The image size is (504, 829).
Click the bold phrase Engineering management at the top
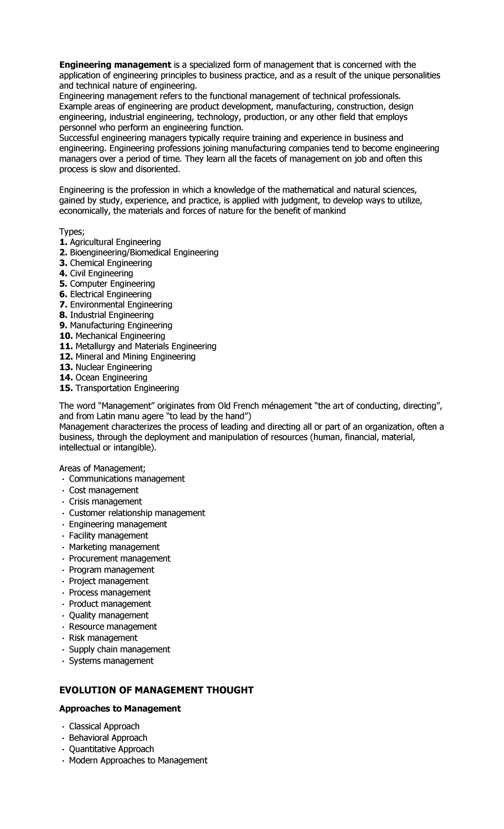115,65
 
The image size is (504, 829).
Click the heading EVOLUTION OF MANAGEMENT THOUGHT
156,690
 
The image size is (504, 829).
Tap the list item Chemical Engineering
110,263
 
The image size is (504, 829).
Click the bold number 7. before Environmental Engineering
63,305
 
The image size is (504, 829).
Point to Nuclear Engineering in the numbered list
113,367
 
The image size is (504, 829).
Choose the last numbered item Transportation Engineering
127,388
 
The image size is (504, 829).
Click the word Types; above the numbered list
72,232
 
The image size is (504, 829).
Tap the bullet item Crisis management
105,501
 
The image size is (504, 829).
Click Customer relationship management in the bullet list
137,513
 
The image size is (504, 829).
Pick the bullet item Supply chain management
119,649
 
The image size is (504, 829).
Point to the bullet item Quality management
108,615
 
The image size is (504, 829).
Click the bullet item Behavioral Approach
108,738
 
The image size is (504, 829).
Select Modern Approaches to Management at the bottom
138,760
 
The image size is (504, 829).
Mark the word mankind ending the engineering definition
330,211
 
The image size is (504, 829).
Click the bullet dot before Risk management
63,639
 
